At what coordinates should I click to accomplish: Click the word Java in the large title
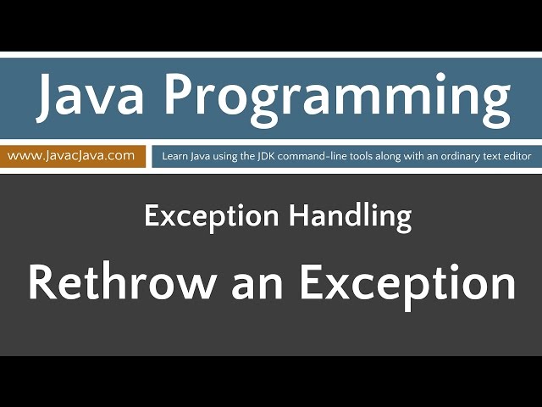[x=86, y=97]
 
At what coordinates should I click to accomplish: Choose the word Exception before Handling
[x=214, y=217]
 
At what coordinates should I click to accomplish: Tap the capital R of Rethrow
[x=42, y=283]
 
